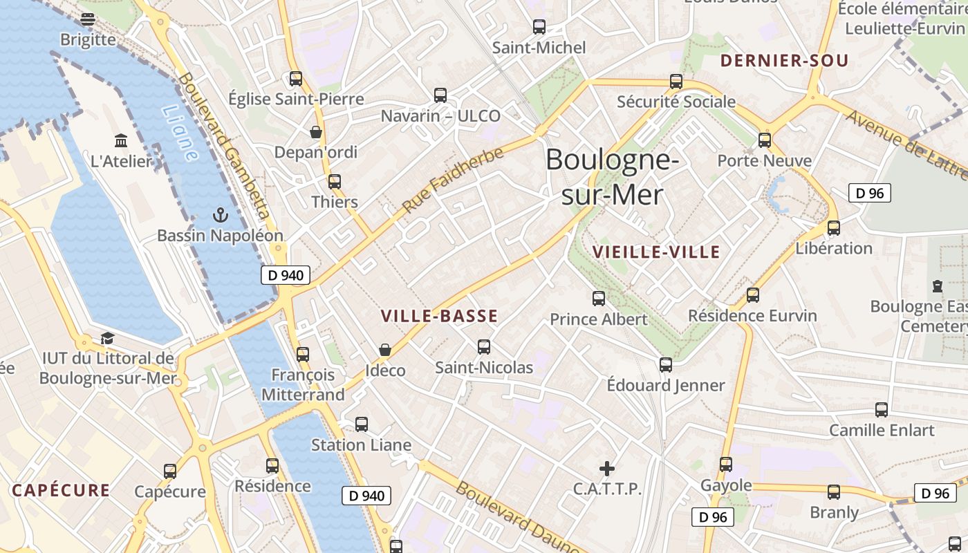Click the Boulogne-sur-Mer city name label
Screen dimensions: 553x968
611,177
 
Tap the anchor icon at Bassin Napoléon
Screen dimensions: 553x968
220,215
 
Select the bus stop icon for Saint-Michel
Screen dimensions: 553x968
539,28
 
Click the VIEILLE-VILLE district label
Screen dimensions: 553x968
656,252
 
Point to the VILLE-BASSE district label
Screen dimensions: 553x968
439,317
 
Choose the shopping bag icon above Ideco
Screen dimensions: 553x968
385,350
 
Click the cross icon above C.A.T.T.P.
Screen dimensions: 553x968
607,469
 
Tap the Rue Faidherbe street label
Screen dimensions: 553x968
453,180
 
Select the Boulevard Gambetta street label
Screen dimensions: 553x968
223,144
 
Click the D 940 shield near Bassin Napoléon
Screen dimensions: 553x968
286,275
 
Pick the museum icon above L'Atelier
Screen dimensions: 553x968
122,141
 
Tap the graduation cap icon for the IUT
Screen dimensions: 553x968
107,338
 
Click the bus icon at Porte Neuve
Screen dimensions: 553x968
764,140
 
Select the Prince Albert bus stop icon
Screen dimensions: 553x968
599,299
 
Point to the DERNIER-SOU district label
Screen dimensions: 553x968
784,61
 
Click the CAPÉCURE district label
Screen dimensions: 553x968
61,491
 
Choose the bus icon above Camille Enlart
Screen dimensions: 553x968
882,410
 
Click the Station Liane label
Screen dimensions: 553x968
361,445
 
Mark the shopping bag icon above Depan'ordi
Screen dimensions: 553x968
316,131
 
